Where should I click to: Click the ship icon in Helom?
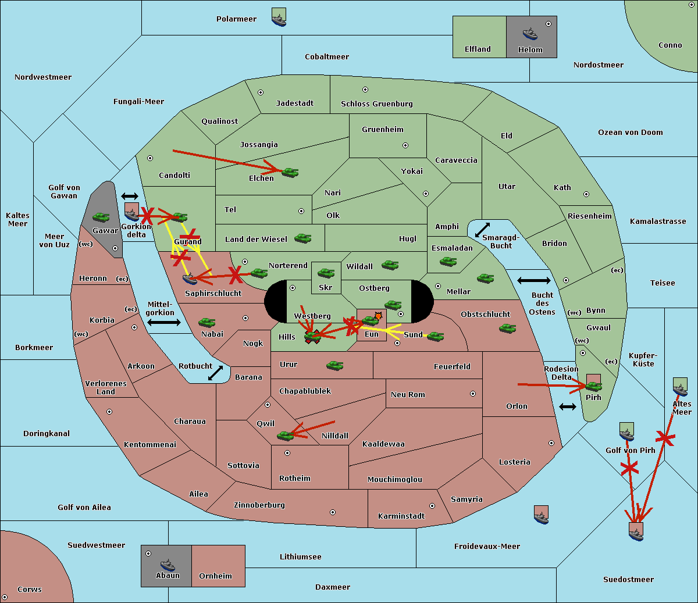tap(530, 33)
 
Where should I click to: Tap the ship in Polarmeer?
tap(279, 20)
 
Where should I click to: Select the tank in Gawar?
tap(101, 217)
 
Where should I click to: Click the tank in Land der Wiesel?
tap(302, 238)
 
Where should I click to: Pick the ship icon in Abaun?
tap(168, 565)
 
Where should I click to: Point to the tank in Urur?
tap(334, 365)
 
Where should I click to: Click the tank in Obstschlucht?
tap(507, 328)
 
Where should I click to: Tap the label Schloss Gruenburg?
tap(377, 104)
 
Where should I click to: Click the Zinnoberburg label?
tap(259, 505)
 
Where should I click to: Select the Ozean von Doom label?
tap(631, 133)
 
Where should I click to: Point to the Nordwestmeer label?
tap(43, 77)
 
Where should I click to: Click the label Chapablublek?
tap(305, 391)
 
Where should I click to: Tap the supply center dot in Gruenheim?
tap(405, 145)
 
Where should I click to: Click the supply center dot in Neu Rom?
tap(473, 394)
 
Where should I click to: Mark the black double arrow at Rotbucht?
tap(215, 373)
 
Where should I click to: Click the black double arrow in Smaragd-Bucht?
tap(482, 230)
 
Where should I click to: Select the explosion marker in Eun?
tap(378, 316)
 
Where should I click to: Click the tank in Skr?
tap(326, 273)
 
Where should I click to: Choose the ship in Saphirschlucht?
tap(190, 279)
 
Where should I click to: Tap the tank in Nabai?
tap(206, 322)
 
